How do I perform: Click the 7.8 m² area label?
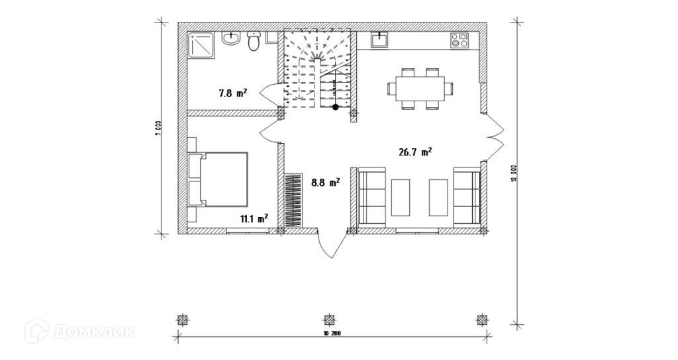point(233,93)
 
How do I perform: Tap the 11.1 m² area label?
point(254,217)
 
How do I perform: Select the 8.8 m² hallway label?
point(326,181)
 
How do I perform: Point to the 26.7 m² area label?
point(415,152)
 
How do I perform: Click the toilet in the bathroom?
point(252,44)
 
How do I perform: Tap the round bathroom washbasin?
point(231,40)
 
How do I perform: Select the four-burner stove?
point(460,40)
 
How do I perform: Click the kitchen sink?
point(379,40)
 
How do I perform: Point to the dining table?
point(420,88)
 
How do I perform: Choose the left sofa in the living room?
point(372,197)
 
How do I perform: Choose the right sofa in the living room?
point(467,197)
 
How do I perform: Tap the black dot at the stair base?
point(336,107)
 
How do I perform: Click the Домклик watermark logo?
point(79,331)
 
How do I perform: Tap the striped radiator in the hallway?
point(293,199)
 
